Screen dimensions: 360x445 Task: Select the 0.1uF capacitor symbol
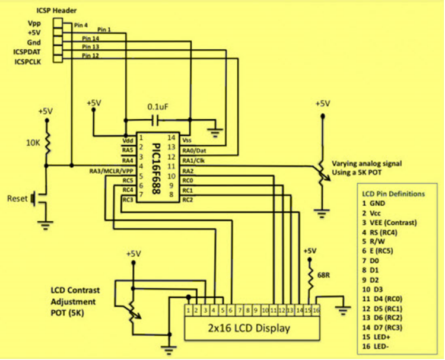click(156, 120)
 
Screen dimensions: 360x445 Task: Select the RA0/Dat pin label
click(194, 150)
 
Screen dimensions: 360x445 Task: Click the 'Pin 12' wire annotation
click(91, 55)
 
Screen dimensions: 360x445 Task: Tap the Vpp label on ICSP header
click(34, 23)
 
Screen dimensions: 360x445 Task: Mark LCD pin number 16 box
click(316, 310)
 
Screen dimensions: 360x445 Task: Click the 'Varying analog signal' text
click(366, 163)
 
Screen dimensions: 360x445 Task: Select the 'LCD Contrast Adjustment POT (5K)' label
click(75, 300)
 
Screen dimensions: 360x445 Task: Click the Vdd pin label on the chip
click(127, 140)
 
